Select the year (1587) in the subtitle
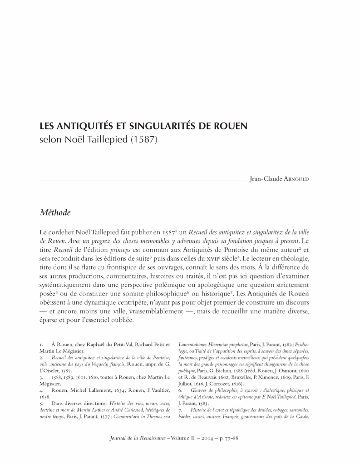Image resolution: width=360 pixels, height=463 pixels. click(x=143, y=140)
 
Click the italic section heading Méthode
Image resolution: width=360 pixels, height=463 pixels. click(x=55, y=212)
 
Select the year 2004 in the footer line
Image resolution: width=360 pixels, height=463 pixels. click(x=214, y=438)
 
